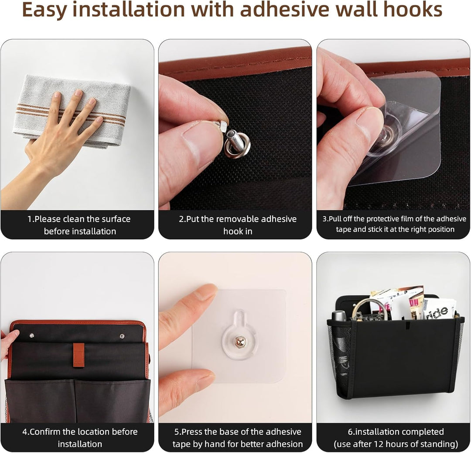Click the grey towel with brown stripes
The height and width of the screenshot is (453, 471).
72,111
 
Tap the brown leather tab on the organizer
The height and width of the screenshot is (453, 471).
78,355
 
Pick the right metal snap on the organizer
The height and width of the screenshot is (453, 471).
122,336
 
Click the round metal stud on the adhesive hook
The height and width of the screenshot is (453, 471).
240,342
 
